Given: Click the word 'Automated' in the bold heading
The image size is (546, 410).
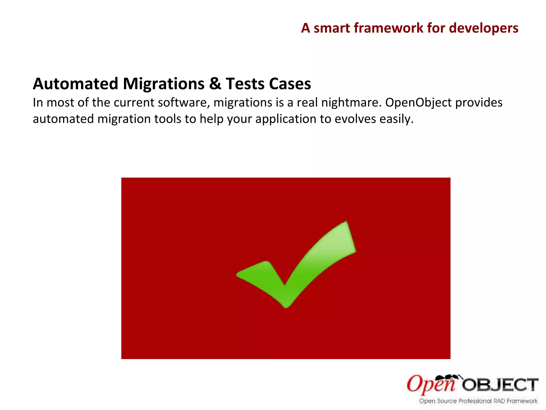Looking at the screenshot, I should coord(75,84).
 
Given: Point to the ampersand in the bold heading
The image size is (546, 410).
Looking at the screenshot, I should coord(215,84).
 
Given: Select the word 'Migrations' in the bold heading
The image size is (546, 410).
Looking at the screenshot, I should coord(164,84).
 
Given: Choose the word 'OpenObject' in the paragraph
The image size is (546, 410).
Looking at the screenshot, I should coord(419,103).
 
